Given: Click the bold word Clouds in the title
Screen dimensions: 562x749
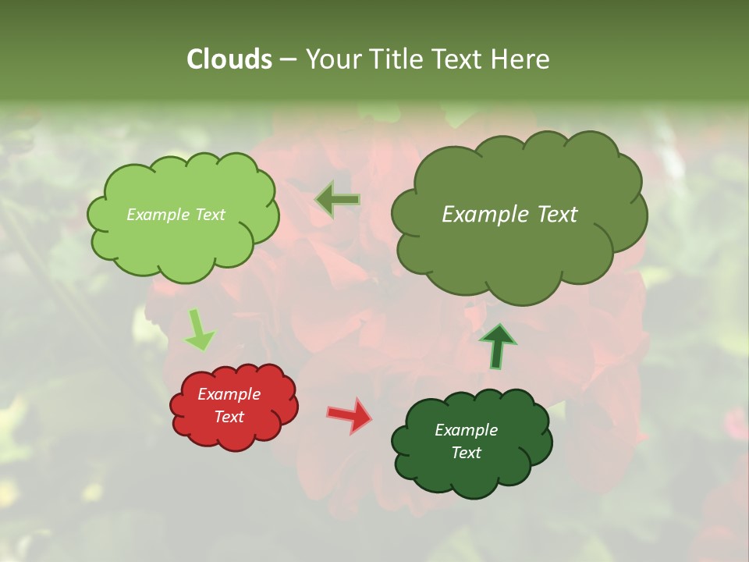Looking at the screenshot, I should (x=229, y=59).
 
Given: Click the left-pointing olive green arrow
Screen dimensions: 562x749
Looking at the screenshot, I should (x=338, y=200).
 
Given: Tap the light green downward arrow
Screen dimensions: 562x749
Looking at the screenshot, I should (x=198, y=331).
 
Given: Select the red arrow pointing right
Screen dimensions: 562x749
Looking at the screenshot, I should (x=350, y=414).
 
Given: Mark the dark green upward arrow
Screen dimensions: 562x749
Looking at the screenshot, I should (x=497, y=347).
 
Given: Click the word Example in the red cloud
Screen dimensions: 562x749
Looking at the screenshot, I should (x=229, y=394).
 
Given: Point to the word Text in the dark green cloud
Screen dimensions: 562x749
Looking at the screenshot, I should (x=466, y=453).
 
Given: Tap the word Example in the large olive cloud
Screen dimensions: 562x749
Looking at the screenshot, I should (x=481, y=215).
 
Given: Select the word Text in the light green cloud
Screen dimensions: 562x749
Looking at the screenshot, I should (x=209, y=215).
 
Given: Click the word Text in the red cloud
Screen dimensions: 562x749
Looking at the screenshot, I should (x=229, y=417).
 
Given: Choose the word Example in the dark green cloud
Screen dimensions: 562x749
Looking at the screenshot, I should (x=466, y=430).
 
